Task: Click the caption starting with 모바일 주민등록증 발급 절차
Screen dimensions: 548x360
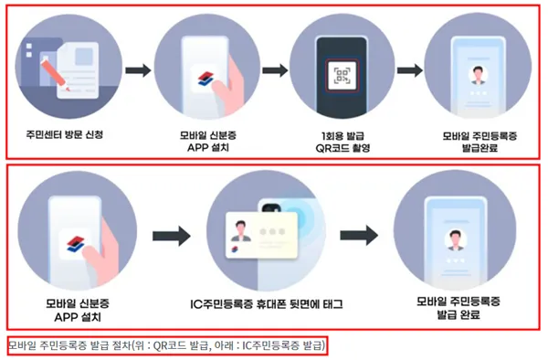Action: click(x=166, y=344)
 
